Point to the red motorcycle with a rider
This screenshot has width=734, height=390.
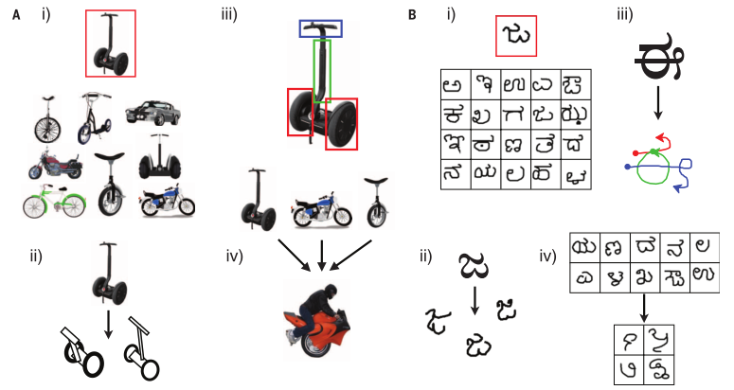pyautogui.click(x=322, y=326)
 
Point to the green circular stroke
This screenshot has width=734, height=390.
pyautogui.click(x=653, y=170)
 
